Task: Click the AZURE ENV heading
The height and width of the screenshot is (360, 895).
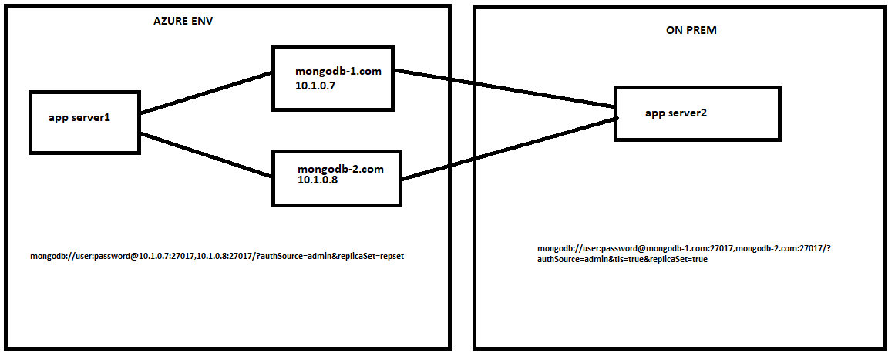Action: pyautogui.click(x=183, y=21)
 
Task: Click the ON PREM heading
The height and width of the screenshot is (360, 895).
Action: pyautogui.click(x=691, y=31)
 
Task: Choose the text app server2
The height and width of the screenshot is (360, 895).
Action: pyautogui.click(x=676, y=113)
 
